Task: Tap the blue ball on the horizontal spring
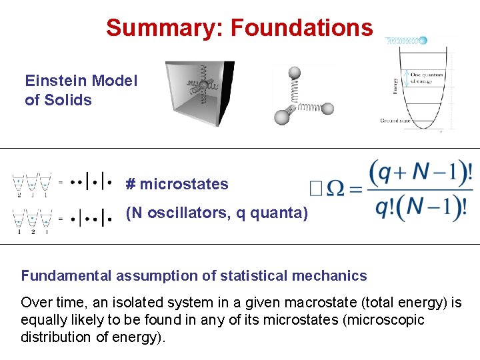pyautogui.click(x=422, y=40)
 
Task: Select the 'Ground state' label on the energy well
pyautogui.click(x=395, y=121)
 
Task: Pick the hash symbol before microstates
pyautogui.click(x=131, y=185)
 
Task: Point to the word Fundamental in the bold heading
pyautogui.click(x=67, y=276)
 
